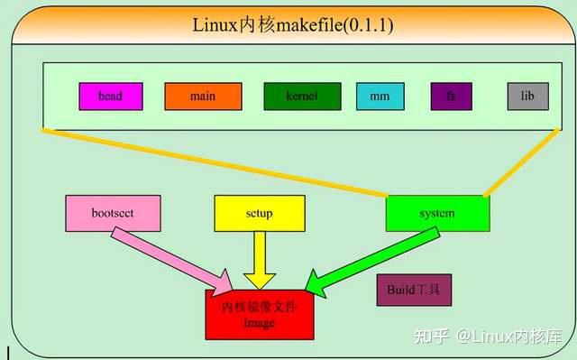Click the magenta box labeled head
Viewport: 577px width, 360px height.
[110, 96]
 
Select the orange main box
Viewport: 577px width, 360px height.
[203, 96]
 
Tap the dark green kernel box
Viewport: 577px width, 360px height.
[302, 96]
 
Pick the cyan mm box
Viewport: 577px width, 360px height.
[380, 96]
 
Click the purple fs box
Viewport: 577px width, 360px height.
[451, 96]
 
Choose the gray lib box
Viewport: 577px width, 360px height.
[527, 96]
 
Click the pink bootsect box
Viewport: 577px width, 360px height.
[113, 213]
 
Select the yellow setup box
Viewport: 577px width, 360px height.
[259, 213]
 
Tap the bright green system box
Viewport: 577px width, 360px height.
[437, 213]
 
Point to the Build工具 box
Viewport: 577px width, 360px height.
[413, 291]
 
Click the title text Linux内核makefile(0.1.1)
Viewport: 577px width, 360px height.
[292, 24]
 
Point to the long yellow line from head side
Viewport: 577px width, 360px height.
[216, 162]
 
